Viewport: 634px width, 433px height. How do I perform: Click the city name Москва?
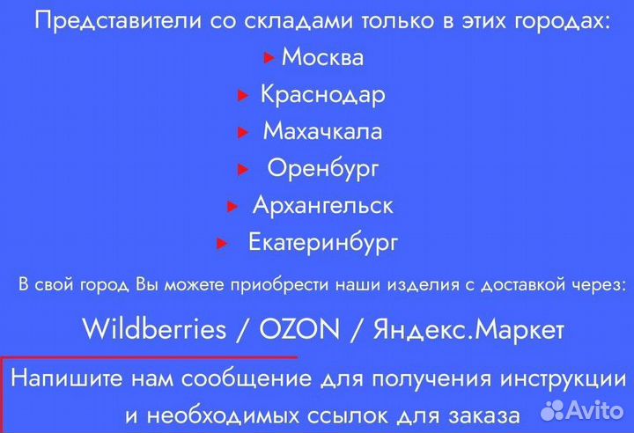click(x=322, y=58)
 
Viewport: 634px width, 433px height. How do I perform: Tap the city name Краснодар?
click(x=322, y=95)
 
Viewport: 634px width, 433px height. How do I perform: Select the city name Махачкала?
click(x=322, y=132)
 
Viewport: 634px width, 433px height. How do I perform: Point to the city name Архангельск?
click(x=322, y=206)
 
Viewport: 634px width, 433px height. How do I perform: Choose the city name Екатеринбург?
click(x=323, y=242)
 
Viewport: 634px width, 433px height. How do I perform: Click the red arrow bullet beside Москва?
click(x=269, y=59)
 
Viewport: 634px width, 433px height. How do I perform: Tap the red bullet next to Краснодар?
click(x=242, y=95)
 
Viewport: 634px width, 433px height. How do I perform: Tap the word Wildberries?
click(x=154, y=330)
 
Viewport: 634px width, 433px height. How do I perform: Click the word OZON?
click(x=299, y=330)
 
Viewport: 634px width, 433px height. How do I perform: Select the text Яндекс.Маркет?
click(x=468, y=330)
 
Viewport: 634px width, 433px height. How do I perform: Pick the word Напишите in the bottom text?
click(x=66, y=380)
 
